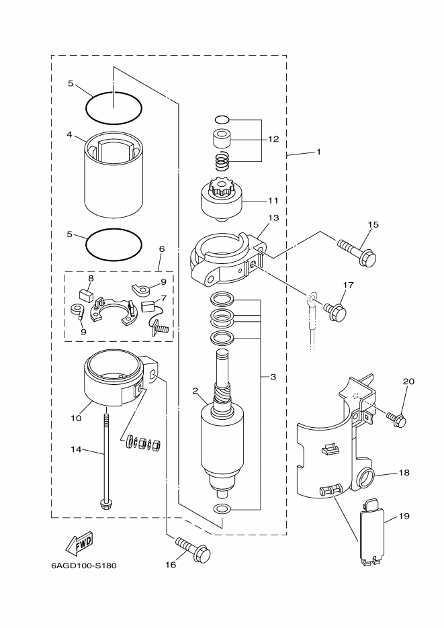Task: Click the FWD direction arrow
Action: click(x=79, y=541)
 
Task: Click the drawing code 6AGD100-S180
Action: click(x=83, y=565)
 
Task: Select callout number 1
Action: click(x=318, y=152)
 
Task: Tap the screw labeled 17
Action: click(x=335, y=310)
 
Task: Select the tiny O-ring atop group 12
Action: click(x=222, y=120)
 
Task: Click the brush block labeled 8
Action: click(x=85, y=292)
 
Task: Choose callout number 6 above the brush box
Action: click(x=161, y=249)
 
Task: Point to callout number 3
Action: click(x=273, y=377)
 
